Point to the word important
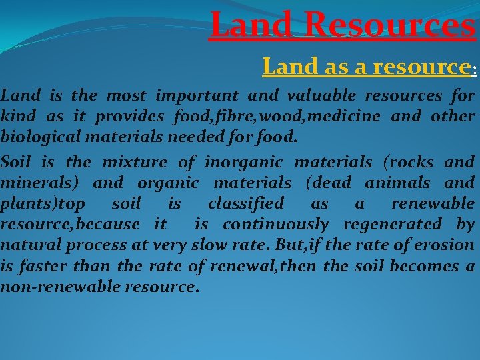pyautogui.click(x=201, y=95)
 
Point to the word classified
pyautogui.click(x=246, y=203)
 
